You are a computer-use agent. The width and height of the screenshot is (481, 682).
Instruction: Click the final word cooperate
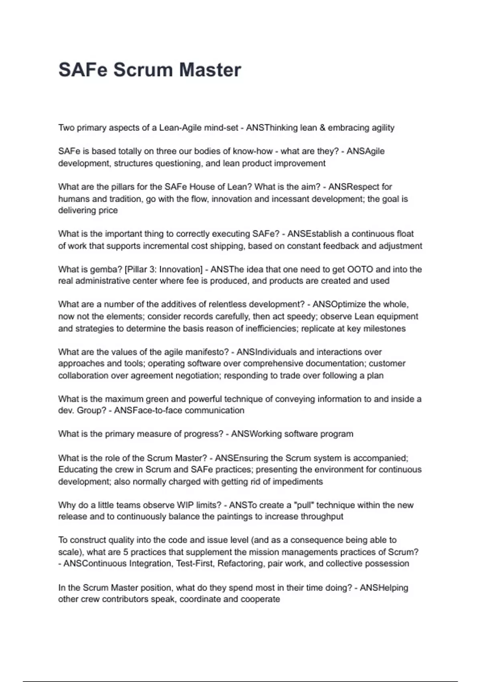(x=260, y=599)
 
